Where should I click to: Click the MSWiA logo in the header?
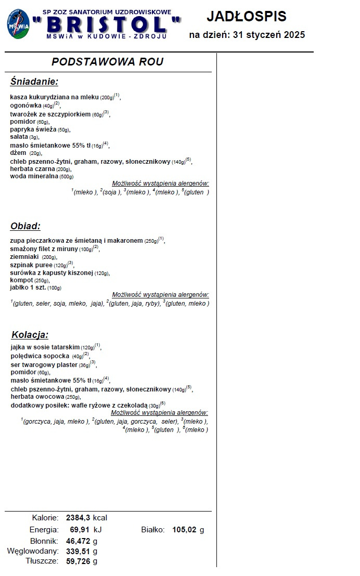coord(18,24)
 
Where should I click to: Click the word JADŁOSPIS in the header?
coord(247,16)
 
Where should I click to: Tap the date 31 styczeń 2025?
coord(269,35)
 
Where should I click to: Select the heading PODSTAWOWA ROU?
coord(108,62)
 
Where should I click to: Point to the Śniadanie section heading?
coord(34,82)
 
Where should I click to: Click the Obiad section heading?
coord(25,226)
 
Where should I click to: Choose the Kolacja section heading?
coord(30,335)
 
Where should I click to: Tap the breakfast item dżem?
coord(18,153)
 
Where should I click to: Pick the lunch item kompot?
coord(21,280)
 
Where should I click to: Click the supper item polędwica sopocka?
coord(40,356)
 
